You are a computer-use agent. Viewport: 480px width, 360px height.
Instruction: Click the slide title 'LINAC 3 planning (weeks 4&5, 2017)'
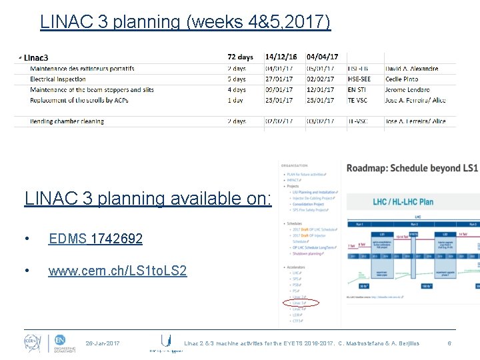[185, 22]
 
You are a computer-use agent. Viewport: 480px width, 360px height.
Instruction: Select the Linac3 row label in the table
[37, 57]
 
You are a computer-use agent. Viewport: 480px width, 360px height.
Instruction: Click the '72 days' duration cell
[241, 57]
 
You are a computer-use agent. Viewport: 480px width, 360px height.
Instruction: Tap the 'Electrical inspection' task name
[58, 79]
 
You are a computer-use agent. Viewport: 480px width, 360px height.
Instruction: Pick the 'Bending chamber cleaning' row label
[67, 121]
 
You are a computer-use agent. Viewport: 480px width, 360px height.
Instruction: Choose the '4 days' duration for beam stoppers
[237, 90]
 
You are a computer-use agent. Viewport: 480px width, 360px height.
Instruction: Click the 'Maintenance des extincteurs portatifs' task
[82, 69]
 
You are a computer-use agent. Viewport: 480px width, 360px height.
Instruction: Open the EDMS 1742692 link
[95, 239]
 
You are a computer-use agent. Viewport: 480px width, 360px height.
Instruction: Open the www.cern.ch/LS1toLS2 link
[117, 271]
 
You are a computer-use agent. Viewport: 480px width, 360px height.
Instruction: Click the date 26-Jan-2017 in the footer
[103, 343]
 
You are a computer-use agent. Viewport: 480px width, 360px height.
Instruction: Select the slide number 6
[449, 343]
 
